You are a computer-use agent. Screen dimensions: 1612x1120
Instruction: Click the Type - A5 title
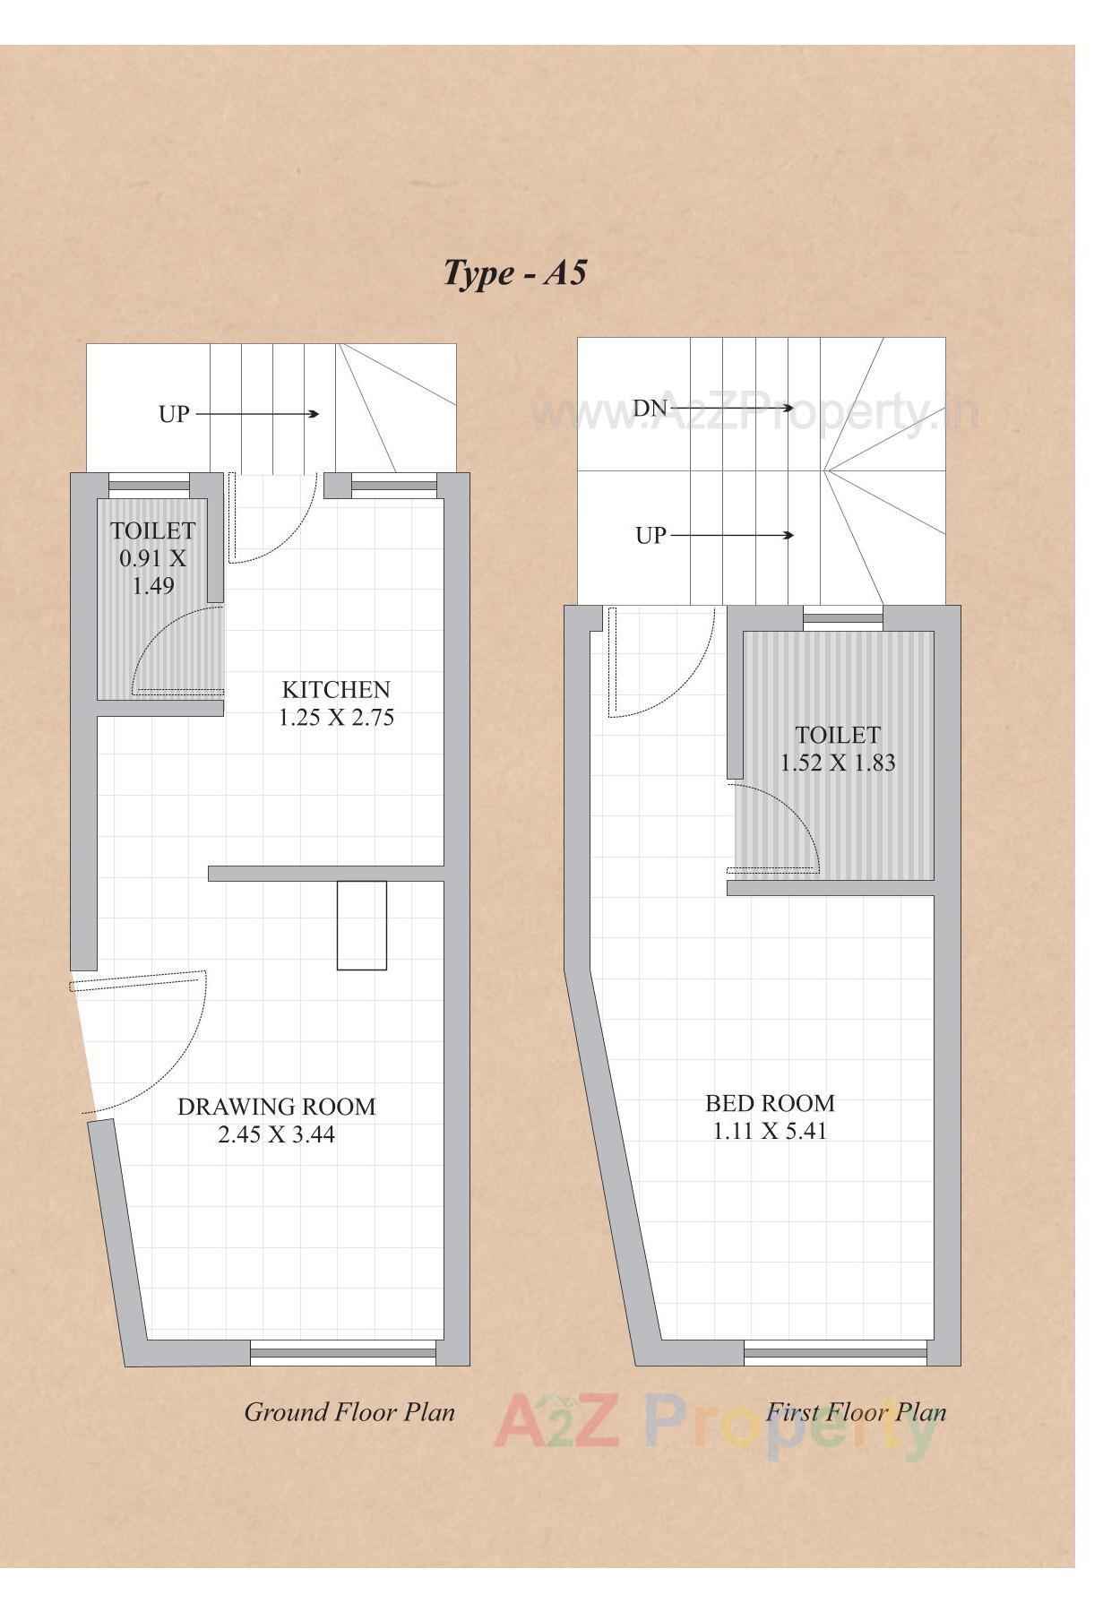click(x=515, y=272)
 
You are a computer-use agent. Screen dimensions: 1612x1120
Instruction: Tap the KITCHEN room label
click(x=336, y=689)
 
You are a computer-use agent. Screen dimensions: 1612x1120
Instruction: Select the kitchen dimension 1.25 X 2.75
click(x=336, y=718)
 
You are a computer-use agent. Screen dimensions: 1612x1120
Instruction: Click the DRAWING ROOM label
click(x=276, y=1107)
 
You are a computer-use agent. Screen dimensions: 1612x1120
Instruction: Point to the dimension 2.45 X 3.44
click(x=276, y=1134)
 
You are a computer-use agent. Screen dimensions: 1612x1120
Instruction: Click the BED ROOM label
click(x=770, y=1103)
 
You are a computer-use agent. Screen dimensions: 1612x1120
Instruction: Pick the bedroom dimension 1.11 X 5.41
click(x=770, y=1131)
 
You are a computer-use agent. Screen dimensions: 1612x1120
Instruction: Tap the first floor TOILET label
click(x=838, y=735)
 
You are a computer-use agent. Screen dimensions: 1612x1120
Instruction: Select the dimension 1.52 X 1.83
click(x=838, y=763)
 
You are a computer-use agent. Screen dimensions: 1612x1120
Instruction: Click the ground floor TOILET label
click(x=152, y=530)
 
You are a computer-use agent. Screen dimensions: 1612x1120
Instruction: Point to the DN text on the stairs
click(x=650, y=409)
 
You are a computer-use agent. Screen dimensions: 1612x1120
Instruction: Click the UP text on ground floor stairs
click(x=174, y=414)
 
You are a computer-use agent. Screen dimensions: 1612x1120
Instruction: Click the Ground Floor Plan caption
click(x=349, y=1413)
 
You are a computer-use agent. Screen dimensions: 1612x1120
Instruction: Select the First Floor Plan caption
click(x=856, y=1413)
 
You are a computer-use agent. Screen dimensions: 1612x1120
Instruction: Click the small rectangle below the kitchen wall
click(x=361, y=926)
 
